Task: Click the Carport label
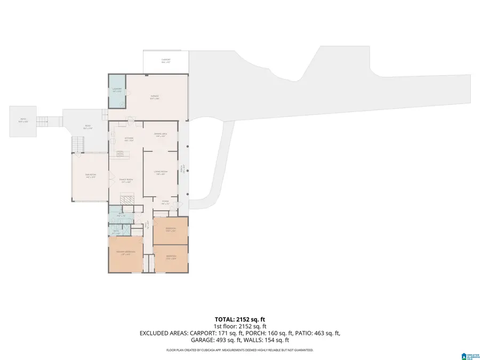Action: pyautogui.click(x=165, y=61)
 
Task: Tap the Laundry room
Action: pyautogui.click(x=117, y=90)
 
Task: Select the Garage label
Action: pyautogui.click(x=155, y=97)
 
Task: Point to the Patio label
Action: pyautogui.click(x=23, y=121)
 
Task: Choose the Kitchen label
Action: pyautogui.click(x=129, y=139)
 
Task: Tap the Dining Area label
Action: pyautogui.click(x=161, y=135)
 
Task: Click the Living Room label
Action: pyautogui.click(x=161, y=173)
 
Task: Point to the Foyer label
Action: pyautogui.click(x=165, y=203)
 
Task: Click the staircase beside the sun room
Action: pyautogui.click(x=78, y=143)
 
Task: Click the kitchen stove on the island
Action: pyautogui.click(x=122, y=155)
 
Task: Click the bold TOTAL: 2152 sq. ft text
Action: pyautogui.click(x=239, y=319)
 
